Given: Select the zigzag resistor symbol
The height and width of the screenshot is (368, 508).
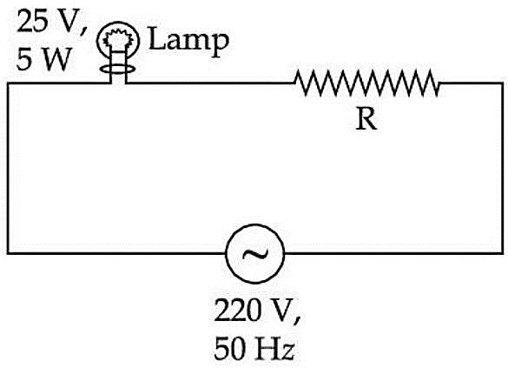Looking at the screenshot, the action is pyautogui.click(x=366, y=83).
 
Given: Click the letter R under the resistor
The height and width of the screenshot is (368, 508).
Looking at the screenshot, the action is pyautogui.click(x=366, y=118).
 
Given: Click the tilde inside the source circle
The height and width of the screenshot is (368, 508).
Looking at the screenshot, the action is pyautogui.click(x=255, y=254).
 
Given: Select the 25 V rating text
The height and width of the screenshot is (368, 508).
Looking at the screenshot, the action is pyautogui.click(x=52, y=22).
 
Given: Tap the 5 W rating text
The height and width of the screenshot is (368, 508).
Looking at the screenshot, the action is pyautogui.click(x=43, y=59).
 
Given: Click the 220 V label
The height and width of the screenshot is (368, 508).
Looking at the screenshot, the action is pyautogui.click(x=257, y=310).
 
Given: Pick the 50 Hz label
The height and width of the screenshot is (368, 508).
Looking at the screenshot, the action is pyautogui.click(x=254, y=348).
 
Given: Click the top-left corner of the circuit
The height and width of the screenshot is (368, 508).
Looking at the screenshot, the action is pyautogui.click(x=8, y=84).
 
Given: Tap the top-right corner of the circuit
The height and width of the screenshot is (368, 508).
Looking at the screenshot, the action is pyautogui.click(x=503, y=84).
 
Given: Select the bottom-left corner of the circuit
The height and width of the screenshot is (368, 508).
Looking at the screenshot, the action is pyautogui.click(x=8, y=253).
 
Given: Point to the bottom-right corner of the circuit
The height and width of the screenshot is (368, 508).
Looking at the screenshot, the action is pyautogui.click(x=503, y=253).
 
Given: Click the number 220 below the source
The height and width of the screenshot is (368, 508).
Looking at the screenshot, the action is pyautogui.click(x=236, y=310).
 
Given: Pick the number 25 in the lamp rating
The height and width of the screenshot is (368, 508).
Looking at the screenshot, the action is pyautogui.click(x=30, y=22).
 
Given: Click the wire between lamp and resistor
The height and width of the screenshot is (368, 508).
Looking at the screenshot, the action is pyautogui.click(x=210, y=84).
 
